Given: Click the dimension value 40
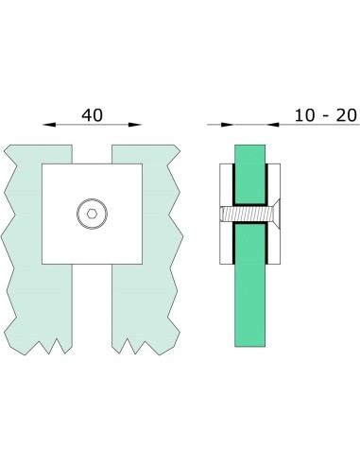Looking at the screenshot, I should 92,115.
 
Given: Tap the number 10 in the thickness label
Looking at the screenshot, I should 303,115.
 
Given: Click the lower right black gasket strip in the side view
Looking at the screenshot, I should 271,248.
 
